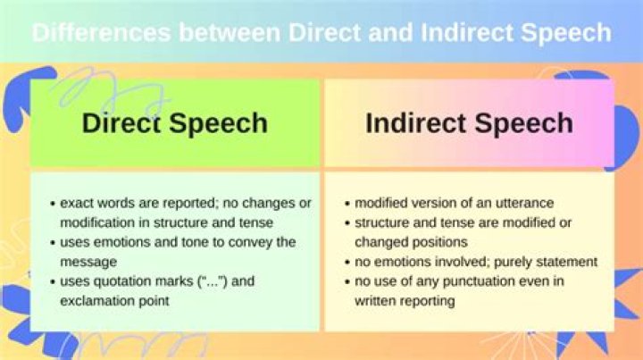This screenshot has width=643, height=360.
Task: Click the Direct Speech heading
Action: coord(174,123)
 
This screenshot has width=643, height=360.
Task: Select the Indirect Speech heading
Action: coord(469,123)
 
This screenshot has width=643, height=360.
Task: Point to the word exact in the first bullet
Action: coord(79,203)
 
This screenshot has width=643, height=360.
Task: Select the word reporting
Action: coord(428,301)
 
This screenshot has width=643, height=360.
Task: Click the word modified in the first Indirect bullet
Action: coord(380,203)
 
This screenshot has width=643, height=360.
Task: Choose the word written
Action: coord(375,301)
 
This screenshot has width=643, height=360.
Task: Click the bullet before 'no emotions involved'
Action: coord(346,262)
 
